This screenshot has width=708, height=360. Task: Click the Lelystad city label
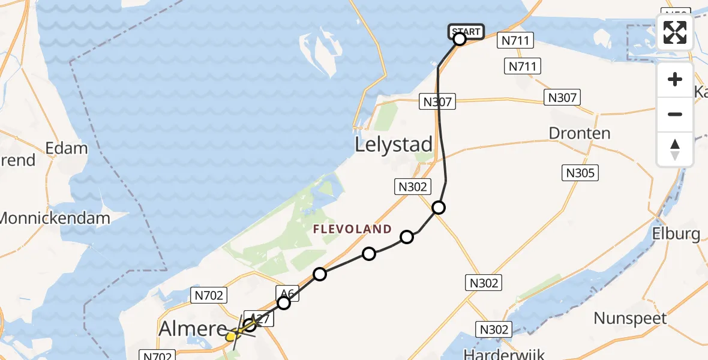coord(394,145)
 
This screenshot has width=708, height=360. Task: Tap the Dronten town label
coord(580,133)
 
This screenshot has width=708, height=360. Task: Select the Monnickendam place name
coord(55,218)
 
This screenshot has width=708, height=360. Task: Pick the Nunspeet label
coord(630,317)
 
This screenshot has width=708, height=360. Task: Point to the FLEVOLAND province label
coord(352,229)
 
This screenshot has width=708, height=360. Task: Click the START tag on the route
coord(466,31)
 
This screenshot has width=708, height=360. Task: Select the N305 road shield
coord(581,173)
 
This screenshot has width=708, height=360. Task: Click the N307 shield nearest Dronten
coord(562,97)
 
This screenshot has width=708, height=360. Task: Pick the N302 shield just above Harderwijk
coord(494,329)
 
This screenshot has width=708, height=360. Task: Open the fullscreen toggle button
coord(675,32)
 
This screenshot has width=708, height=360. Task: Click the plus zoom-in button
coord(675,80)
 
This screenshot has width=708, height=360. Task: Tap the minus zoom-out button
coord(675,114)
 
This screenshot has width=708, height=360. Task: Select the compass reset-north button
coord(675,149)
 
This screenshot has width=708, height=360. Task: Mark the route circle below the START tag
coord(460,40)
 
